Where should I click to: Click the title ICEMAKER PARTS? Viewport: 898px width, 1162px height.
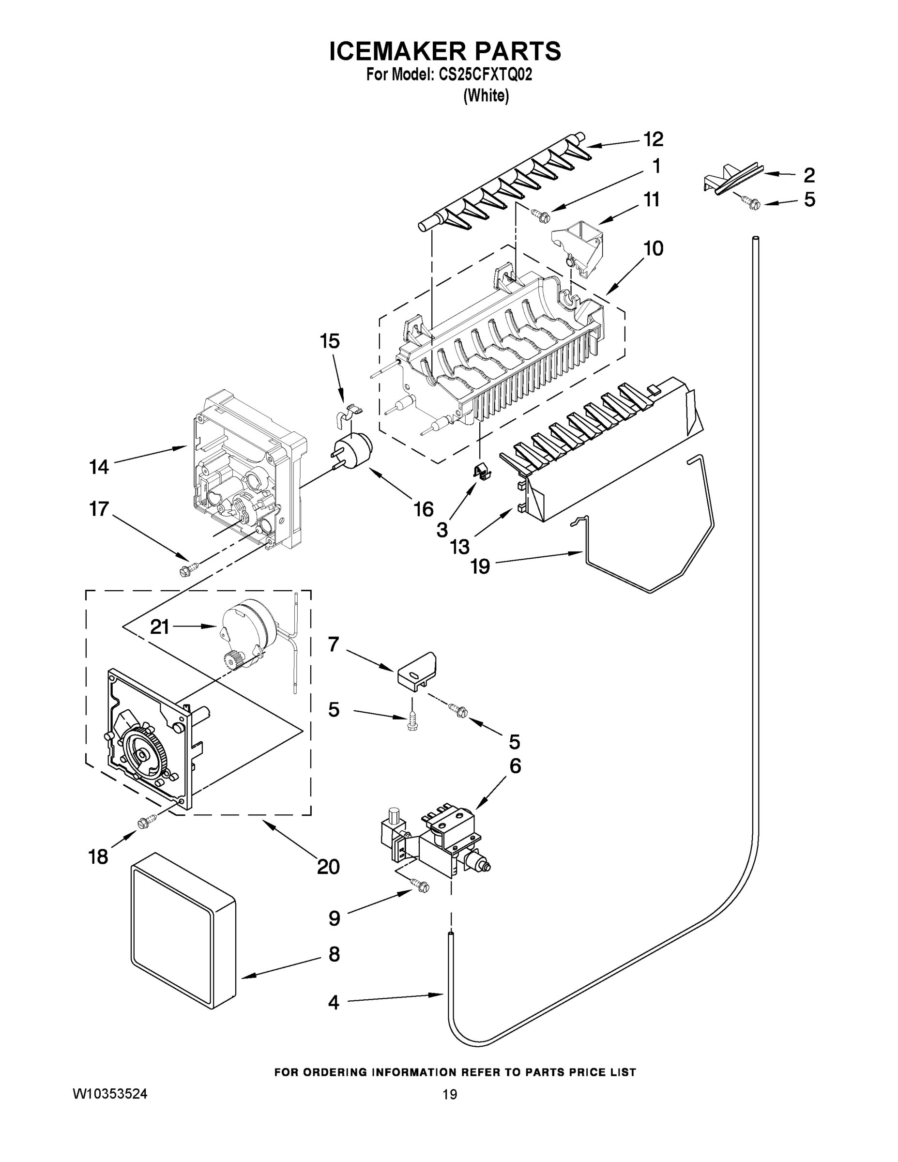(445, 52)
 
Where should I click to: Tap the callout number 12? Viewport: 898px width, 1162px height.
(653, 139)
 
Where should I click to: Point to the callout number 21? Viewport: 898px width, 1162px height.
(160, 627)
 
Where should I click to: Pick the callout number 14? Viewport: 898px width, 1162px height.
(99, 467)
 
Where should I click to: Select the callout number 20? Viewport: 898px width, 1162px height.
(328, 867)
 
